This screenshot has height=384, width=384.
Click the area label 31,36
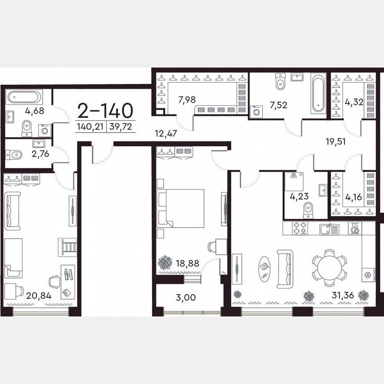343,295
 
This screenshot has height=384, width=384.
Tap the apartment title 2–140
105,111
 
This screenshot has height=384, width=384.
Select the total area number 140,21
90,127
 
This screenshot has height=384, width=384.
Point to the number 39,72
121,127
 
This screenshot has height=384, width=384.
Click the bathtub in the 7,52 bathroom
318,93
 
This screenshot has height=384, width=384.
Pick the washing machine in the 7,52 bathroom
256,112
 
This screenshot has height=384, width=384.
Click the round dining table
329,268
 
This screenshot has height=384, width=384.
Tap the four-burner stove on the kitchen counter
300,228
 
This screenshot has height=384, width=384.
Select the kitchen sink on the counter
329,229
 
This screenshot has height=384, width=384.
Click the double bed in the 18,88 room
180,208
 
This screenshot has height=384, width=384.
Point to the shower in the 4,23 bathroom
294,181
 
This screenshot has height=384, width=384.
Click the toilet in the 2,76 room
14,155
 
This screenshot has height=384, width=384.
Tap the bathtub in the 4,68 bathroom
24,97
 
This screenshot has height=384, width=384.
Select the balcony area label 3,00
186,297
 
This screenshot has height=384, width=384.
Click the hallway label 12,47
166,133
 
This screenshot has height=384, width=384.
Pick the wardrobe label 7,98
187,100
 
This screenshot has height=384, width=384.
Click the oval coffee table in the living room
264,269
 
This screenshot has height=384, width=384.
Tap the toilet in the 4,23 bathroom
308,210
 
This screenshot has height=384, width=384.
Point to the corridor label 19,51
336,141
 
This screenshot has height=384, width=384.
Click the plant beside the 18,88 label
165,263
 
